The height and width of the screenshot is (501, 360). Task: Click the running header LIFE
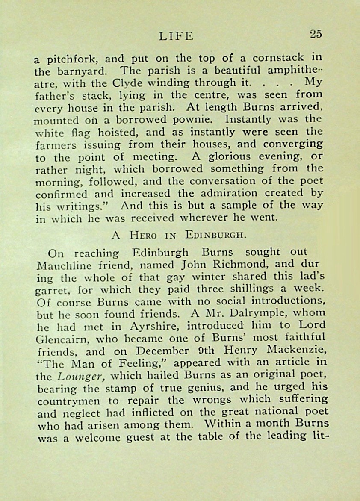click(176, 36)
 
